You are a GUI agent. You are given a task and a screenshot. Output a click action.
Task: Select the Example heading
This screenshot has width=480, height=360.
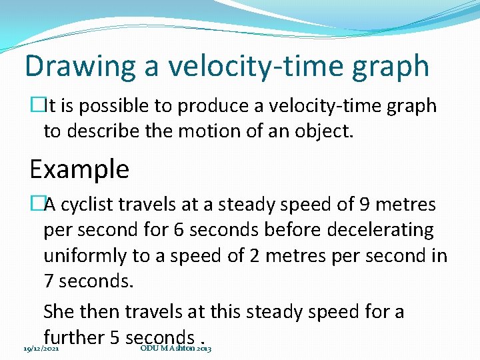pyautogui.click(x=79, y=169)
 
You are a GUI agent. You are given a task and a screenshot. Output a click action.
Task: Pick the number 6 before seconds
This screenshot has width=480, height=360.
pyautogui.click(x=178, y=230)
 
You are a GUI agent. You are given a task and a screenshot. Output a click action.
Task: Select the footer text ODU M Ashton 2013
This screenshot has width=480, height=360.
pyautogui.click(x=176, y=349)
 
